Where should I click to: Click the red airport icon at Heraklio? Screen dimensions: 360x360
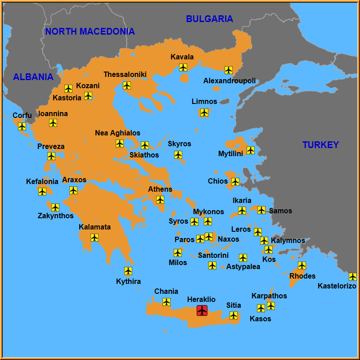[202, 310]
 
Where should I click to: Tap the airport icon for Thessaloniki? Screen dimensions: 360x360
[127, 85]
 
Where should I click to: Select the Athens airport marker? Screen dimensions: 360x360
[160, 200]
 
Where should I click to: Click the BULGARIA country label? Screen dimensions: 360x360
[210, 19]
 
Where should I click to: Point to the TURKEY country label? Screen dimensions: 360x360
[320, 145]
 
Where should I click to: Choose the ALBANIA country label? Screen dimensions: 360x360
[33, 77]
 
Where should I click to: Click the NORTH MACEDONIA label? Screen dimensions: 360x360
[90, 31]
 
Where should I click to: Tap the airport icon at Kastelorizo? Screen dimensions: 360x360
[353, 277]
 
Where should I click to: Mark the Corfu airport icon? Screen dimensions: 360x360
[22, 126]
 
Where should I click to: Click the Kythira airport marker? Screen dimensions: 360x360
[128, 271]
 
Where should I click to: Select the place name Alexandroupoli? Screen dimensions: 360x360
[229, 81]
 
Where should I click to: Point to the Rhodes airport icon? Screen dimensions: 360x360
[302, 265]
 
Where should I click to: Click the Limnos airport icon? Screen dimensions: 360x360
[204, 112]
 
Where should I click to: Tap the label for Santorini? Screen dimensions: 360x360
[213, 256]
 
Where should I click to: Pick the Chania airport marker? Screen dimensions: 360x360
[166, 302]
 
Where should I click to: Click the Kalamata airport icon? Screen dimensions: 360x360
[94, 238]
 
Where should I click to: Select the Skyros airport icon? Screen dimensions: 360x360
[178, 155]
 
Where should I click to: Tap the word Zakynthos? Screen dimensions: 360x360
[55, 216]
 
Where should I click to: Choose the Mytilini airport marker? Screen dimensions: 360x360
[251, 150]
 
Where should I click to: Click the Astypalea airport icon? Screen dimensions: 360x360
[243, 258]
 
